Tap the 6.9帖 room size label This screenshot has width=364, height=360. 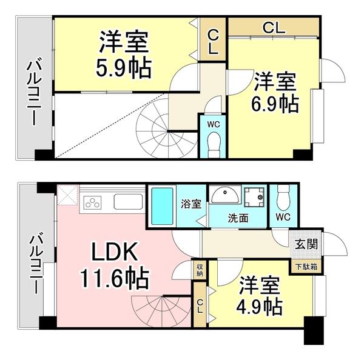[275, 104]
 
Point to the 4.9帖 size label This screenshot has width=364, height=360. [259, 305]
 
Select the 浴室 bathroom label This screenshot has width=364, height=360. [192, 204]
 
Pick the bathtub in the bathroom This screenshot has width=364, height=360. [162, 206]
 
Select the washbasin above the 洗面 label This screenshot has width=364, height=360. [224, 196]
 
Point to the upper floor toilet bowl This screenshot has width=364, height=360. [213, 144]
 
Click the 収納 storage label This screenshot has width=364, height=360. [200, 270]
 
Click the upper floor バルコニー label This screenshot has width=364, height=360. [32, 92]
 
